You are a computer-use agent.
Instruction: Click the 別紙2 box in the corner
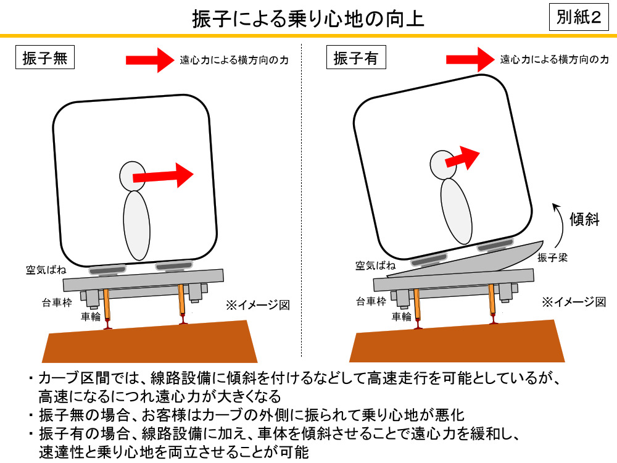click(579, 17)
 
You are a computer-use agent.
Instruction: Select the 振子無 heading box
click(45, 57)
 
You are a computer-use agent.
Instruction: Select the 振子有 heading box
click(356, 57)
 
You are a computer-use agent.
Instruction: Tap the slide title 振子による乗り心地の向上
click(308, 18)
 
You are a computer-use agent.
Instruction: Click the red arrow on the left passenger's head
click(163, 175)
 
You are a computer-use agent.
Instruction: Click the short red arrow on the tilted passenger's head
click(462, 157)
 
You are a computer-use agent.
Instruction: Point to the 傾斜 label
click(584, 219)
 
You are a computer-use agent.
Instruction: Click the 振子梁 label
click(552, 257)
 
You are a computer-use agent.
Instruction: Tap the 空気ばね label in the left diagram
click(46, 270)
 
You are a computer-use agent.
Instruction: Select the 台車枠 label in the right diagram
click(371, 302)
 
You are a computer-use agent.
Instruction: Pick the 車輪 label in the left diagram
click(91, 316)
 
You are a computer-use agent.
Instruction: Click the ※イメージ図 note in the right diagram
click(574, 302)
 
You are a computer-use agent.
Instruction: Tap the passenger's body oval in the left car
click(136, 225)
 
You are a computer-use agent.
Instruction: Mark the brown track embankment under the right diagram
click(457, 342)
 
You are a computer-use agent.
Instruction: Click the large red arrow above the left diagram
click(150, 60)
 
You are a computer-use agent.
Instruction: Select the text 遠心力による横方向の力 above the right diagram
click(555, 59)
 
